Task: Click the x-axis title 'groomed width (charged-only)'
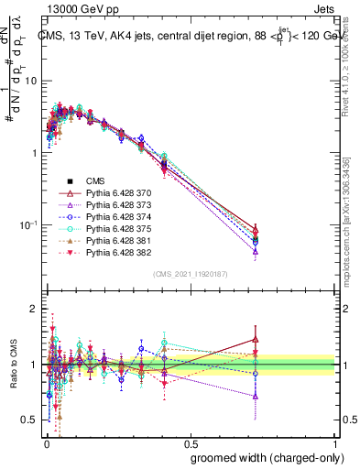pos(262,457)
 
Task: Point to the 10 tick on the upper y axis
pos(29,81)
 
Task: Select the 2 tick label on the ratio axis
pos(33,310)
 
